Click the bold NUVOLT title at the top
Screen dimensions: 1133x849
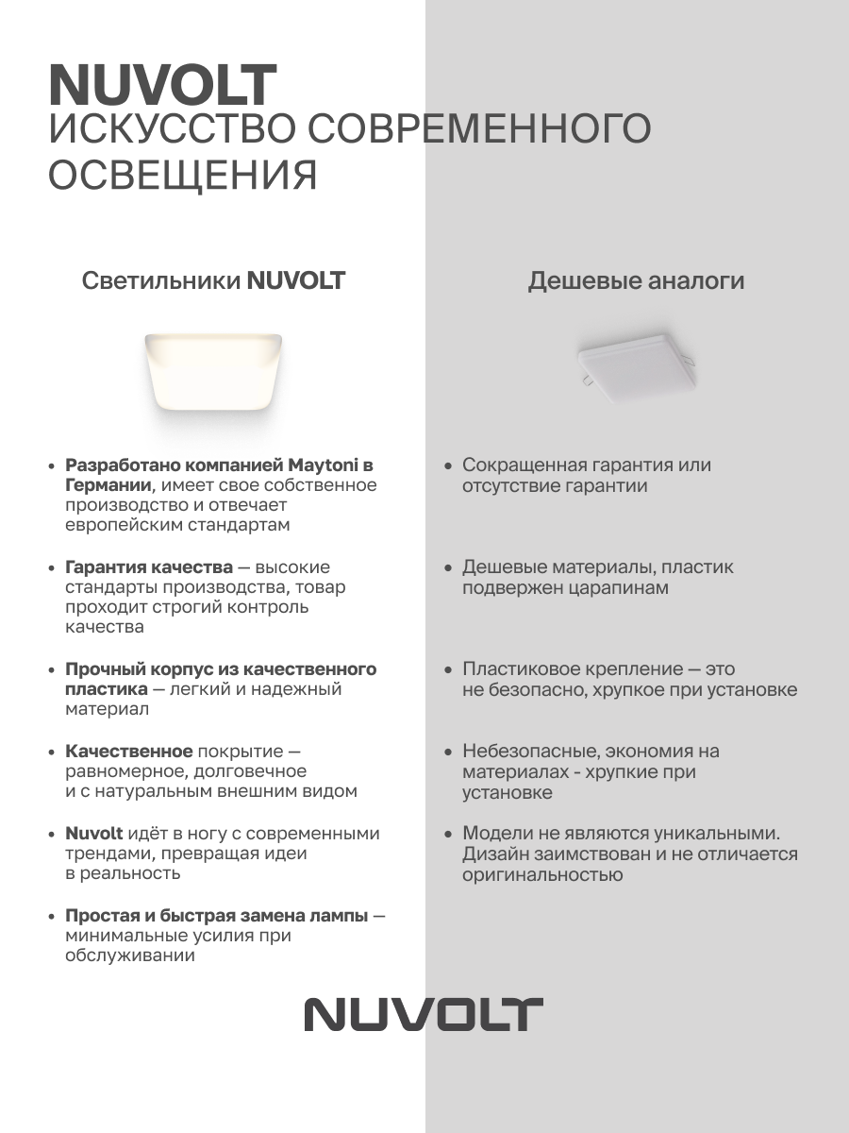click(162, 86)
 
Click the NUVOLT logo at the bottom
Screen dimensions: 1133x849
click(424, 1014)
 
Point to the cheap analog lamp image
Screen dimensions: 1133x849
click(637, 364)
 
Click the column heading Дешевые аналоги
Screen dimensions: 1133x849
click(636, 281)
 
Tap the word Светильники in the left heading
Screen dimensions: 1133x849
click(161, 281)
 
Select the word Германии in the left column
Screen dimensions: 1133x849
click(108, 485)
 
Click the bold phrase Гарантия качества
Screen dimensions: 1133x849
click(149, 567)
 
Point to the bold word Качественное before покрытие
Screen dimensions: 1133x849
click(129, 752)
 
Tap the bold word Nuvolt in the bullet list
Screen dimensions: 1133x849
click(94, 834)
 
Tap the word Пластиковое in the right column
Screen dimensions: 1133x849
click(520, 669)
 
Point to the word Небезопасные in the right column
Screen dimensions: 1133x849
click(527, 752)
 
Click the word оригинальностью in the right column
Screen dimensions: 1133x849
click(542, 874)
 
